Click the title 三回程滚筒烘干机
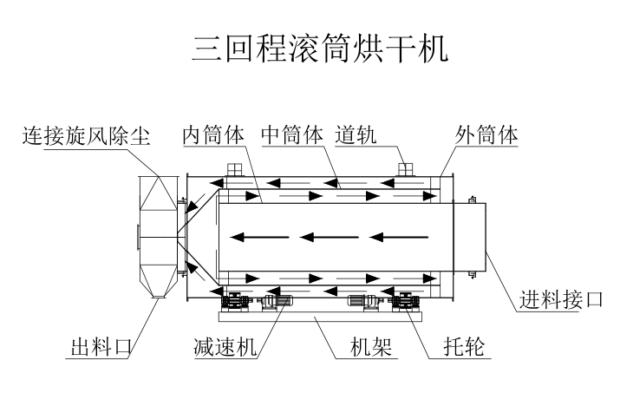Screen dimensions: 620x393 click(x=320, y=49)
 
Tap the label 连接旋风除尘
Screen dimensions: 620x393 click(x=86, y=136)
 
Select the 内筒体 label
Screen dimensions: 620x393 click(x=213, y=135)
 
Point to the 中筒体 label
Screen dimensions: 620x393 click(x=292, y=135)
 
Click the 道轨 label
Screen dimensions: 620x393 click(x=356, y=135)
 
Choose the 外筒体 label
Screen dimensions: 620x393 click(x=486, y=135)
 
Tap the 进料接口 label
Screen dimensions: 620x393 click(x=561, y=299)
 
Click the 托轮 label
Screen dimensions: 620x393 click(x=464, y=347)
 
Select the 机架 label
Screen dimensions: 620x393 click(x=371, y=347)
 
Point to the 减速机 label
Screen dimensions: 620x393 click(x=225, y=347)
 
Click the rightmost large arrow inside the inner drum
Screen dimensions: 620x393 click(x=399, y=238)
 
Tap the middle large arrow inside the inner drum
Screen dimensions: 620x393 click(x=329, y=238)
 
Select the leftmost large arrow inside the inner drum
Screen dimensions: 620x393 click(x=259, y=238)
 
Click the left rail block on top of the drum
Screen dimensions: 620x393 click(x=233, y=169)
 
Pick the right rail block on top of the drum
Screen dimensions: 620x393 click(x=405, y=169)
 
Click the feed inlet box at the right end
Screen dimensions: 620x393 click(x=470, y=237)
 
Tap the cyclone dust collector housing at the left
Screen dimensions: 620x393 click(x=158, y=237)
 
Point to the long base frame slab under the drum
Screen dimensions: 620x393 click(x=321, y=317)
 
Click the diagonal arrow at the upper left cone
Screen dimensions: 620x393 click(x=195, y=202)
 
